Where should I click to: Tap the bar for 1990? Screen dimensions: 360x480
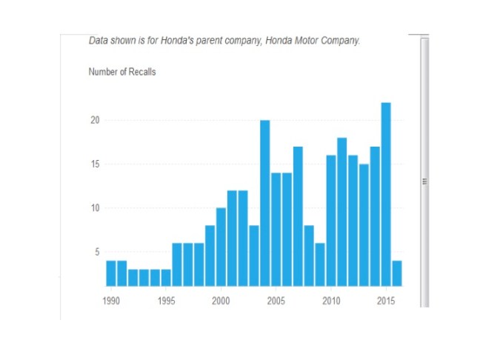point(110,273)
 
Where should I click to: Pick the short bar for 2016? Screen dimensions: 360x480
point(396,273)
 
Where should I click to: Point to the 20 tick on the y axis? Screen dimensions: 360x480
point(94,120)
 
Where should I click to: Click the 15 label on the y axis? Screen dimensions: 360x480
point(94,164)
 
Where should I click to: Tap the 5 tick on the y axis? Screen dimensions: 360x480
point(96,252)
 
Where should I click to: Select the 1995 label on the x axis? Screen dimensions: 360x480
point(165,301)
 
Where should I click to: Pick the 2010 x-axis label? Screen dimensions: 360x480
point(330,301)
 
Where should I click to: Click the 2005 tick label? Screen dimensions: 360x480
point(276,301)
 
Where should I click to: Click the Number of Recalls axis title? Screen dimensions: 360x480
point(121,72)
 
